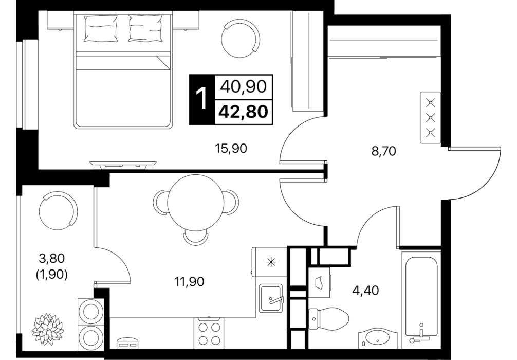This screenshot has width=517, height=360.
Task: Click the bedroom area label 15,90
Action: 231,149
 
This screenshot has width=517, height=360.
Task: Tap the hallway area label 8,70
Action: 383,152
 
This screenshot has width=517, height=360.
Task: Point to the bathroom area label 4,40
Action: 366,291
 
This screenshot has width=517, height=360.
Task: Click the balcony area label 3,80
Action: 51,258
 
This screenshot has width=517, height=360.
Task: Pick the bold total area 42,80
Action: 243,112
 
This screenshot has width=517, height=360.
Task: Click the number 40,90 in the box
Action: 243,87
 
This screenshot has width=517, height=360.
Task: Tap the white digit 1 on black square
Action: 201,99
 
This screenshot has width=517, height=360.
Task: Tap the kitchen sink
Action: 271,298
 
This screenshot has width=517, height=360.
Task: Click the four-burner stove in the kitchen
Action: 209,333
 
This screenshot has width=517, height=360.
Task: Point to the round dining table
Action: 189,202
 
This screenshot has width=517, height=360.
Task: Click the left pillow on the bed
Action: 101,29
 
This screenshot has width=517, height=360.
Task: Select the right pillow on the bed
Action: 146,28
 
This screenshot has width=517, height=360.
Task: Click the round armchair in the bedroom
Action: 241,38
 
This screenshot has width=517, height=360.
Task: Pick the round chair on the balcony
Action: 59,211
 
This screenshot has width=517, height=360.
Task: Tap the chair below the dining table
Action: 196,238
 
